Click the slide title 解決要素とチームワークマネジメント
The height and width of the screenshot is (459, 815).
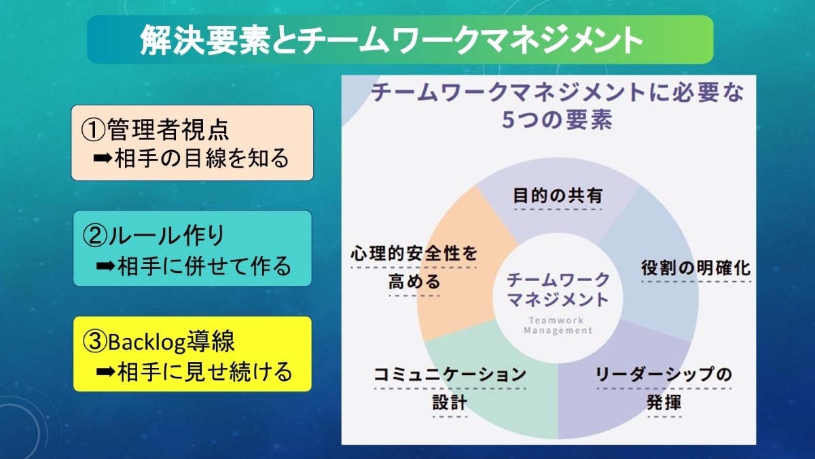pyautogui.click(x=391, y=40)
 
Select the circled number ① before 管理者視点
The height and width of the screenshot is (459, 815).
pyautogui.click(x=93, y=130)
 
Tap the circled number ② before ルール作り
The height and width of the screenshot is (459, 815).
pyautogui.click(x=95, y=236)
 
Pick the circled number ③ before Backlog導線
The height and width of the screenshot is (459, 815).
pyautogui.click(x=95, y=342)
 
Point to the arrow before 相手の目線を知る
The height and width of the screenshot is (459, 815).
pyautogui.click(x=103, y=158)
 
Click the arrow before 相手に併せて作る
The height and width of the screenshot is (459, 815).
pyautogui.click(x=106, y=266)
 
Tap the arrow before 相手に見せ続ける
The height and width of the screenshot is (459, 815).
pyautogui.click(x=106, y=371)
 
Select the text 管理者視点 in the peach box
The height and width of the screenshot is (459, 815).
pyautogui.click(x=168, y=130)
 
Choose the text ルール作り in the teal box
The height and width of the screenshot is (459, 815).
pyautogui.click(x=166, y=236)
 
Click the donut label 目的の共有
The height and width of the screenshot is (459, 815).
pyautogui.click(x=558, y=196)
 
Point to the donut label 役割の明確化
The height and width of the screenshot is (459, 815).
pyautogui.click(x=695, y=268)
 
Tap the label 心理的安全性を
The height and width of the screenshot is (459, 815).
pyautogui.click(x=414, y=253)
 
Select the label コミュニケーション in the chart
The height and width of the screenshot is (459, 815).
pyautogui.click(x=450, y=375)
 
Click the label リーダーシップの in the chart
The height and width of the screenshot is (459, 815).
pyautogui.click(x=664, y=375)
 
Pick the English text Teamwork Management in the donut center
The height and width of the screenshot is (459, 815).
pyautogui.click(x=558, y=325)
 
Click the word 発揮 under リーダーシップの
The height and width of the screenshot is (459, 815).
pyautogui.click(x=664, y=403)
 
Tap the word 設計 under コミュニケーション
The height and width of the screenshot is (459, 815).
pyautogui.click(x=450, y=403)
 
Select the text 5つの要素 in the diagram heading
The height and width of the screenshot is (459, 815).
pyautogui.click(x=557, y=120)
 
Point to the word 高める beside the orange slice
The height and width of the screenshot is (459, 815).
pyautogui.click(x=414, y=282)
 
